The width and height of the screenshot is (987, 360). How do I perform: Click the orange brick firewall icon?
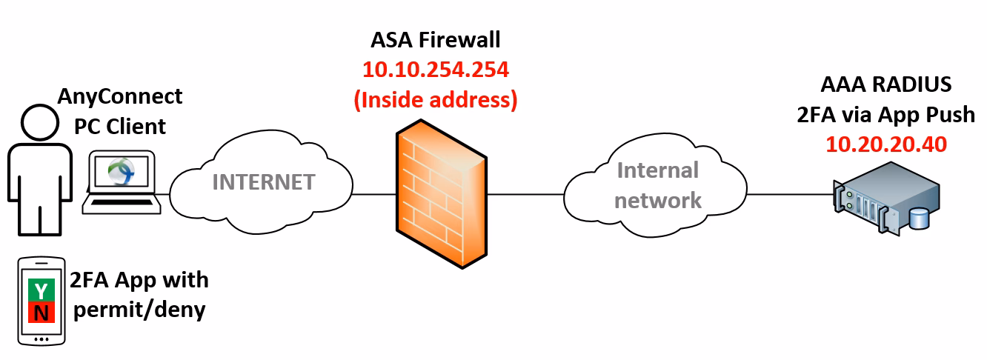coord(442,196)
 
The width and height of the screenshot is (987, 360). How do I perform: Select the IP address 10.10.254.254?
coord(435,70)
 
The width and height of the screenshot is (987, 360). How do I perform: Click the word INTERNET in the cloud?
coord(263,181)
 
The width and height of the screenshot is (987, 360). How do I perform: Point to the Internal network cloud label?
coord(657,184)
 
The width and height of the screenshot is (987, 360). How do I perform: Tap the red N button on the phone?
coord(40,313)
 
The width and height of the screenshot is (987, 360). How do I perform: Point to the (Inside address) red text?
coord(435,99)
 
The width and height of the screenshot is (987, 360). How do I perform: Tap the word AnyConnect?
coord(120,96)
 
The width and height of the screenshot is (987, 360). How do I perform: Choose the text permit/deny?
coord(139,309)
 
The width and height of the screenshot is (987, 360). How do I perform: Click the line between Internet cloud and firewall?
coord(374,195)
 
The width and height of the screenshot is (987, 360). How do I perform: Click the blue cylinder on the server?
coord(920,219)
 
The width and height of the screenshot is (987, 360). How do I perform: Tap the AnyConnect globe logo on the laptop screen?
coord(120,171)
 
